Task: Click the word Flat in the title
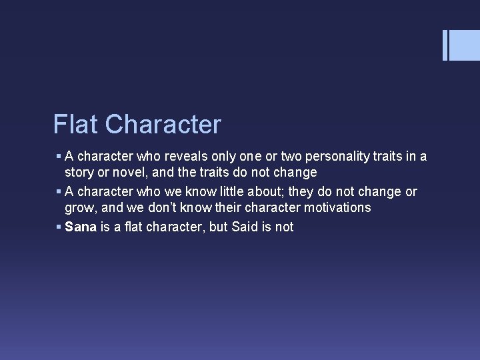76,124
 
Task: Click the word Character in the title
163,124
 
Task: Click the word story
79,173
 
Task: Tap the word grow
79,208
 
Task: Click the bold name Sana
81,227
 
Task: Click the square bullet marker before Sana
59,227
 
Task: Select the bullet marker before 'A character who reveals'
59,157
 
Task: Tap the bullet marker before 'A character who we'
59,193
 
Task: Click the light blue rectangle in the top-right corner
465,45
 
